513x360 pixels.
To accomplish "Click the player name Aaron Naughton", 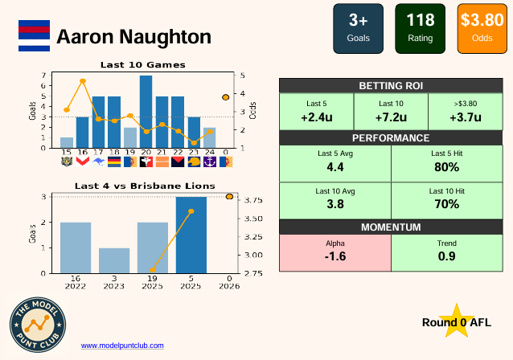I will click(133, 37).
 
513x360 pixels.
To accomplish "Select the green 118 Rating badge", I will click(420, 28).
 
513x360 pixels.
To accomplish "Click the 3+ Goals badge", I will click(358, 28).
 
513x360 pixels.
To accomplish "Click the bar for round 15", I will click(67, 142).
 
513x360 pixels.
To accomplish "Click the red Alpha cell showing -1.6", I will click(334, 252).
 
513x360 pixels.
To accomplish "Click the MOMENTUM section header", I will click(390, 227).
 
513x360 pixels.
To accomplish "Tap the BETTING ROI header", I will click(390, 86).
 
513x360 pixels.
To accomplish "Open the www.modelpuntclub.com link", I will click(122, 346).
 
